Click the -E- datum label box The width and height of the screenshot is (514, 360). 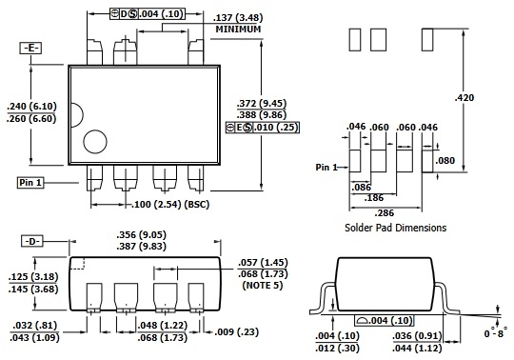pos(30,49)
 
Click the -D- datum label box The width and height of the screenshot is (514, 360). pos(32,241)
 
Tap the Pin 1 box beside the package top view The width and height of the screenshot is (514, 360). pos(30,182)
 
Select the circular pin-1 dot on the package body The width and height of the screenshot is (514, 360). pos(95,142)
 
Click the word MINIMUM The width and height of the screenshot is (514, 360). pos(238,30)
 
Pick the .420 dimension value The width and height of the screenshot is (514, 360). pos(465,98)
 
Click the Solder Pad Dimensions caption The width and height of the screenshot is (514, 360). pos(395,228)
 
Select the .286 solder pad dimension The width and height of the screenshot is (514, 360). pos(384,213)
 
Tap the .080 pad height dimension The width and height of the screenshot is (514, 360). pos(445,160)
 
